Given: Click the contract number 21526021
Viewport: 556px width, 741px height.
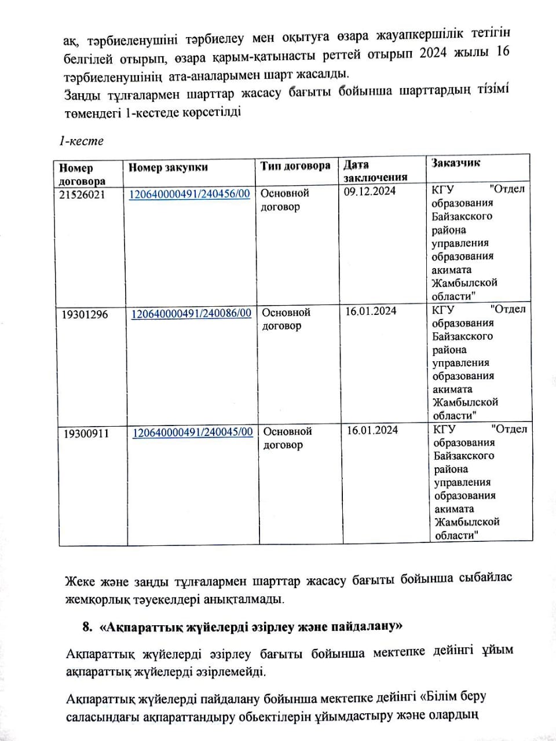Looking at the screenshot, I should [x=82, y=195].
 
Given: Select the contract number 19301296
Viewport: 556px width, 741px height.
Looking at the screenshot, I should [x=85, y=315].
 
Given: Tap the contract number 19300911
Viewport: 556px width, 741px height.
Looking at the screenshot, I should [x=86, y=434].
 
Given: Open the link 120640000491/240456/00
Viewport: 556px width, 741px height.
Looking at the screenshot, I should [x=189, y=194].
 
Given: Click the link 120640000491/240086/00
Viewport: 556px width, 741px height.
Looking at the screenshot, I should [x=191, y=313].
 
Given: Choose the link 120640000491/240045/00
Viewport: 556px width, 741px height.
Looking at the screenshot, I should [x=192, y=432].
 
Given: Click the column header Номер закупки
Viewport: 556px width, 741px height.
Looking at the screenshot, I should [x=168, y=168].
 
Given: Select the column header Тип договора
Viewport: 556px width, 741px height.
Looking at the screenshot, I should [x=295, y=166].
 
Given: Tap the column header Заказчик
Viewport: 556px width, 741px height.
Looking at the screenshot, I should [x=455, y=163].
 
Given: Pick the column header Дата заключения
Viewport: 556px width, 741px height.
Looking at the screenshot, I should [x=375, y=171].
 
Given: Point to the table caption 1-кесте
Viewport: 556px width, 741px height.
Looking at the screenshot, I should [x=81, y=141].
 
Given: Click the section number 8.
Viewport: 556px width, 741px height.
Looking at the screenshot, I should [x=87, y=627].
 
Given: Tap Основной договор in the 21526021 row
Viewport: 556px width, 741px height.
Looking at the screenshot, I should [x=285, y=200].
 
